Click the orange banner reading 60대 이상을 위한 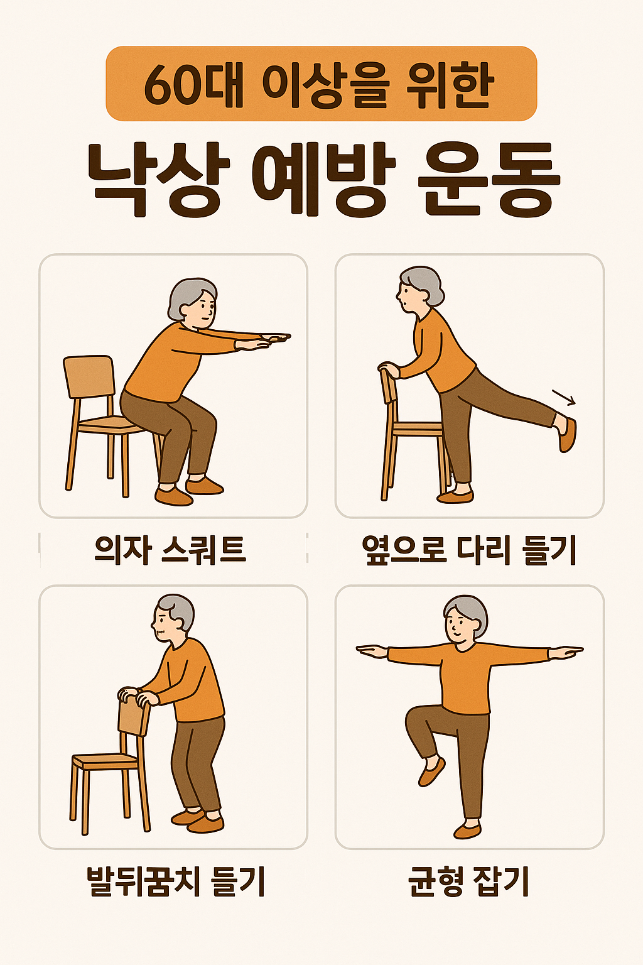[321, 84]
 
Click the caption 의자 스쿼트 [170, 549]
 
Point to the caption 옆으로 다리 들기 [469, 550]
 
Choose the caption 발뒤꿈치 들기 [176, 881]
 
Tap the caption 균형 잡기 [469, 881]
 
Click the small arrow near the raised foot [564, 397]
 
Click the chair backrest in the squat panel [90, 376]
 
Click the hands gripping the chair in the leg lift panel [389, 370]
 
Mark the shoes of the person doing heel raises [198, 820]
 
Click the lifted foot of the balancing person [432, 771]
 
